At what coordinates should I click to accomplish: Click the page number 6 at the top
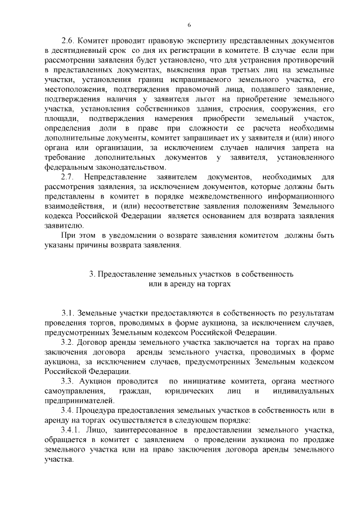click(190, 25)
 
